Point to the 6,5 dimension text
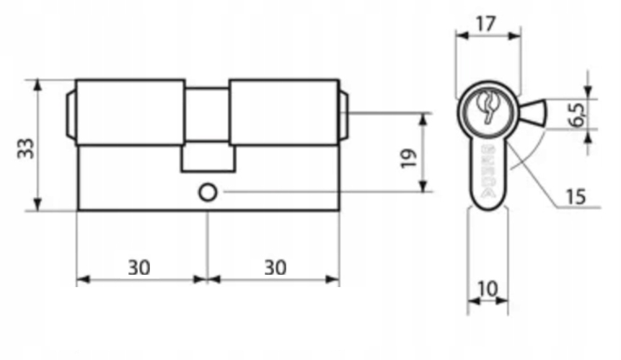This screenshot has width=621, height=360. (577, 114)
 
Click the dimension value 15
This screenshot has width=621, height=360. (575, 196)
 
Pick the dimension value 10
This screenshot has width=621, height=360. (488, 289)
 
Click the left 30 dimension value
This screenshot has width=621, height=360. (139, 268)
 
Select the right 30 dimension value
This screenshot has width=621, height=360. (274, 268)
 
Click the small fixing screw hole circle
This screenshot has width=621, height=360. (207, 193)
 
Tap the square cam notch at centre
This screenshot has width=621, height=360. (208, 157)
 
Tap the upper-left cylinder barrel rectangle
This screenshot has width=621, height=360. (130, 112)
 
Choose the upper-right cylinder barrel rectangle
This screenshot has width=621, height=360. (284, 112)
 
